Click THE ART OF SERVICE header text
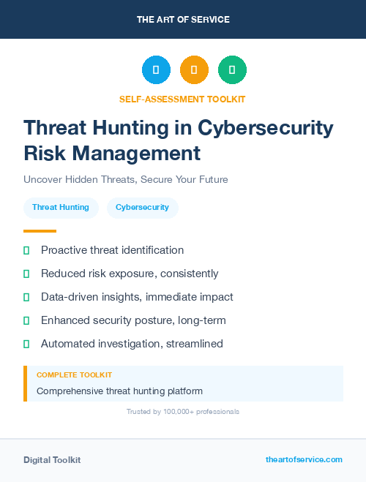(x=183, y=20)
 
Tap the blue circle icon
(x=156, y=70)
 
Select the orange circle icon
(x=194, y=70)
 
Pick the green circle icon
(x=232, y=70)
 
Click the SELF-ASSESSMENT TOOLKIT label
(x=183, y=99)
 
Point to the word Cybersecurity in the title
(x=265, y=128)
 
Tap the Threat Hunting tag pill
(x=61, y=207)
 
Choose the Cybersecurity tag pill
(x=143, y=207)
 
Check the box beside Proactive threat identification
(x=26, y=250)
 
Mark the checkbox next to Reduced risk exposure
(x=26, y=274)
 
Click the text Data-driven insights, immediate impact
(x=137, y=297)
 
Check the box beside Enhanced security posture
(x=26, y=320)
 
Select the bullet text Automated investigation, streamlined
(x=132, y=344)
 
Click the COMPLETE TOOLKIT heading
(x=75, y=374)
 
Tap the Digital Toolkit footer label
(x=52, y=460)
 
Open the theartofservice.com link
(x=304, y=459)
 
